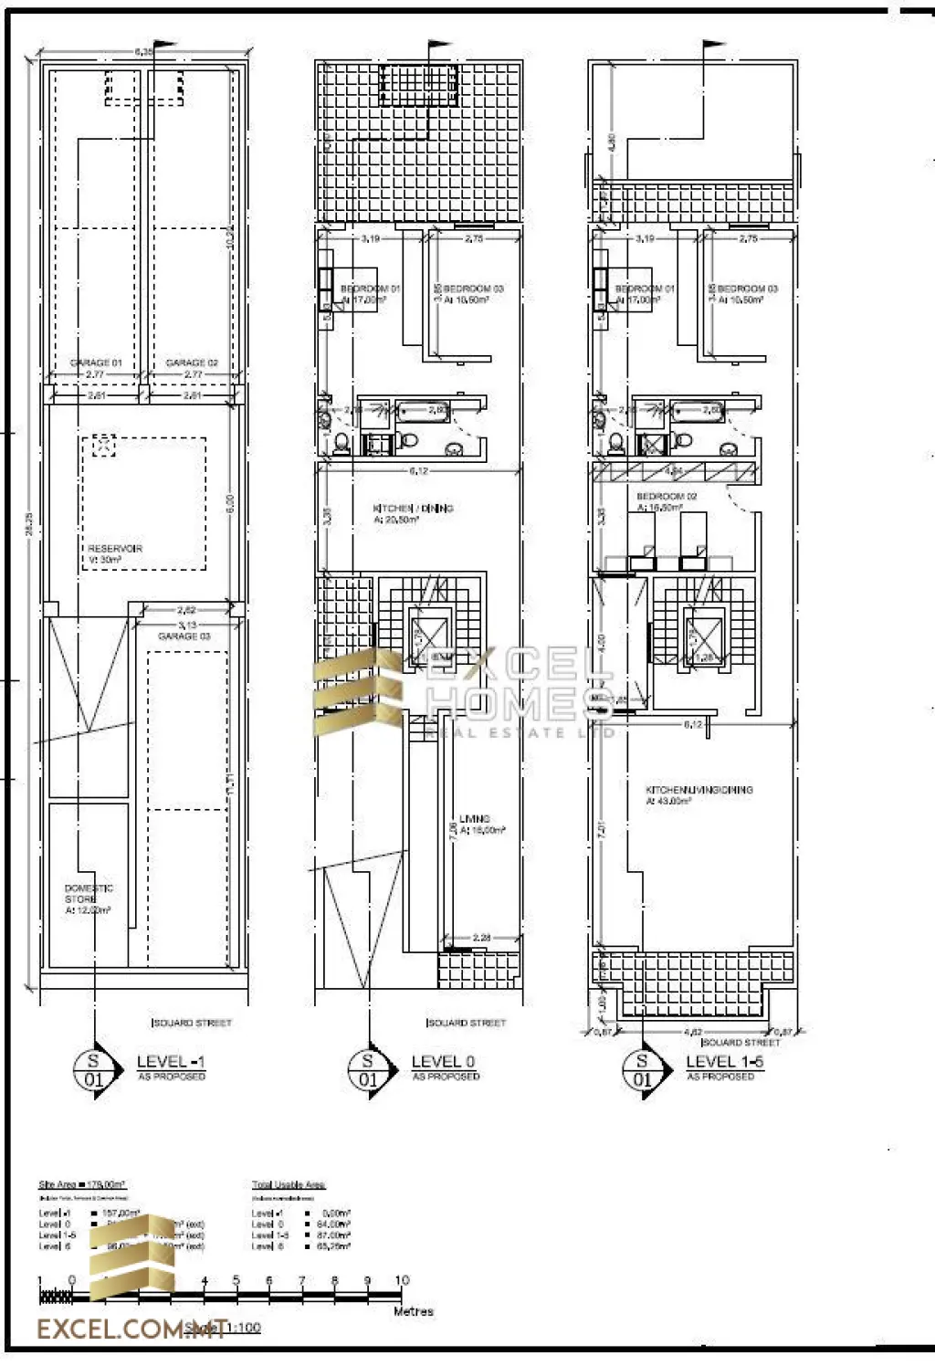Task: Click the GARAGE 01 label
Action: tap(96, 363)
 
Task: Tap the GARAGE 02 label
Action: tap(192, 363)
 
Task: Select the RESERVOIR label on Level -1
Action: tap(115, 549)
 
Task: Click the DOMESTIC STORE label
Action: tap(89, 894)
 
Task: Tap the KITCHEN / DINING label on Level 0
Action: tap(413, 509)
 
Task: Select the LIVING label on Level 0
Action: tap(475, 819)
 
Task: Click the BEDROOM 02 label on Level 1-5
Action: tap(667, 496)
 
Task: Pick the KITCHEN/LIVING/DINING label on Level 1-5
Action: tap(699, 790)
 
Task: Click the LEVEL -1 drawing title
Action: tap(171, 1061)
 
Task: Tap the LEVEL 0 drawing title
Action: tap(443, 1061)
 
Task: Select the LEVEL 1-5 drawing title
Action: tap(724, 1061)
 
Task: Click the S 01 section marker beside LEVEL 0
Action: tap(368, 1069)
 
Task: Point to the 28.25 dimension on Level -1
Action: tap(28, 522)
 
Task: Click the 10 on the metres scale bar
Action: tap(402, 1280)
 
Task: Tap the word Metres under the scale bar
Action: tap(413, 1311)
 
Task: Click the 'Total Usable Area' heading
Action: tap(289, 1184)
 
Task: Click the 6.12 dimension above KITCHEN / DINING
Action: tap(418, 471)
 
